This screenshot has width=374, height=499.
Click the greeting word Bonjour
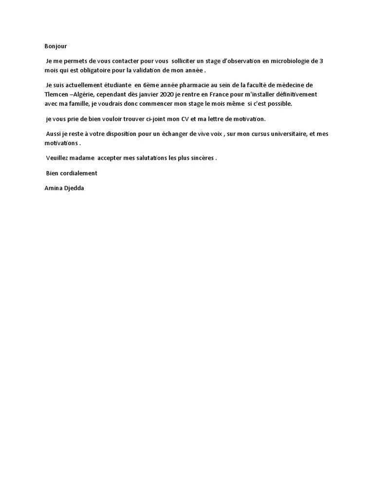pyautogui.click(x=56, y=46)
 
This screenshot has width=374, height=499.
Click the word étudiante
pyautogui.click(x=114, y=85)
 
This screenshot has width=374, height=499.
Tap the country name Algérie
pyautogui.click(x=87, y=94)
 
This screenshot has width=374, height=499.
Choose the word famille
pyautogui.click(x=77, y=104)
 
